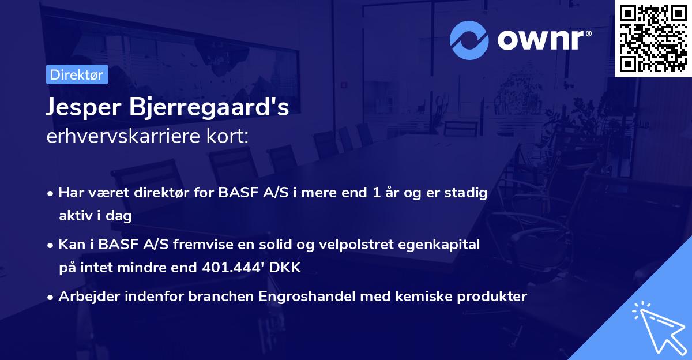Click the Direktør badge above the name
[x=77, y=74]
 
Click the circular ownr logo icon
[x=469, y=40]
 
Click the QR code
[x=653, y=38]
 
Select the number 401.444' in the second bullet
[x=226, y=268]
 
